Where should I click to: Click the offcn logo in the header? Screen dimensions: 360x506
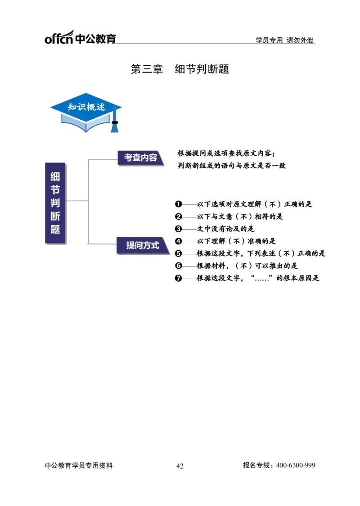80,37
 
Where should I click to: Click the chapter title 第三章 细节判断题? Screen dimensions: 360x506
180,69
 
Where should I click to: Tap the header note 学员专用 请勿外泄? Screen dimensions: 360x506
284,40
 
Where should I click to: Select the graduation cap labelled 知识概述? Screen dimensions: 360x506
86,112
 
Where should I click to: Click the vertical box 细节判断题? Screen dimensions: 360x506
55,203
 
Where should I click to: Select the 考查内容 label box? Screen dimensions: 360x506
141,158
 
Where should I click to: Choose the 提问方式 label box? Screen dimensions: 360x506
143,246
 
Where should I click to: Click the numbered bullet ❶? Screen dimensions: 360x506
178,204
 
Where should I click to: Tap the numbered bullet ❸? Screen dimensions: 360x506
178,229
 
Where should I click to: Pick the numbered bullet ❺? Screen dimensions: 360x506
178,253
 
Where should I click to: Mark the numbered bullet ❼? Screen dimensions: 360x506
178,278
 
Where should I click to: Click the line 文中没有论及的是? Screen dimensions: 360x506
225,229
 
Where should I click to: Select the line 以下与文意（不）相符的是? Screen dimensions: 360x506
240,217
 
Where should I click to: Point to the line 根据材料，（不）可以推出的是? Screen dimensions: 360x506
247,266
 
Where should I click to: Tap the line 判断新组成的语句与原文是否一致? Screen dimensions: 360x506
232,166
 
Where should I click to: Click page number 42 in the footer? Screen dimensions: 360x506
180,466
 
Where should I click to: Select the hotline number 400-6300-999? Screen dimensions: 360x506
296,465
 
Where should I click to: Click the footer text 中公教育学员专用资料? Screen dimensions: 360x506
79,465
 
